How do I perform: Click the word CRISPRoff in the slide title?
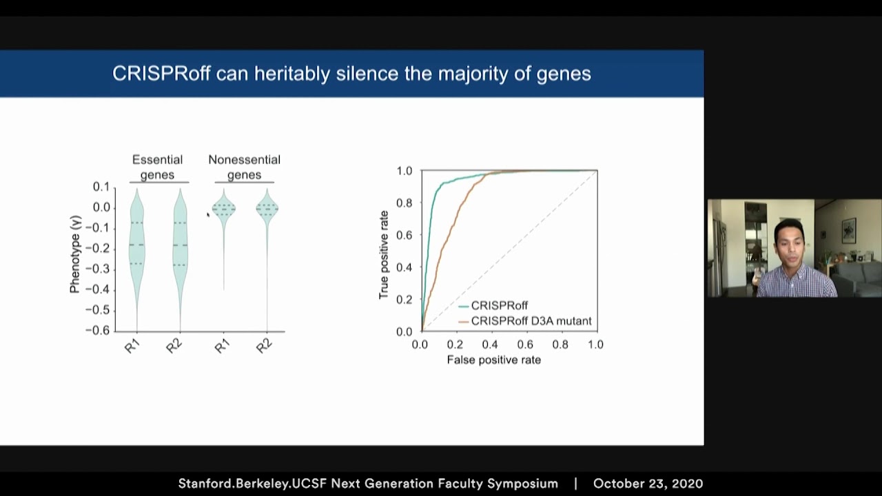(161, 74)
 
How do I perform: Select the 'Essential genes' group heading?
(157, 167)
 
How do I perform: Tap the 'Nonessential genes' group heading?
(244, 167)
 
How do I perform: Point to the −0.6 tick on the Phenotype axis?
(97, 331)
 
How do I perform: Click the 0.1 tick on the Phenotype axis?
(101, 187)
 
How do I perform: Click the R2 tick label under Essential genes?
(174, 346)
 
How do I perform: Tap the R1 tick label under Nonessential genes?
(222, 346)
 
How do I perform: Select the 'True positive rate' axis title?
(384, 254)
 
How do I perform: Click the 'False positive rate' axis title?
(493, 360)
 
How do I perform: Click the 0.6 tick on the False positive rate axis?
(525, 344)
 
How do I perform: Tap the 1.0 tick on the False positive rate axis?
(595, 344)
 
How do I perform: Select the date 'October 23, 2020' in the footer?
(648, 484)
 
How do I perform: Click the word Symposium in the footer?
(522, 484)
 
